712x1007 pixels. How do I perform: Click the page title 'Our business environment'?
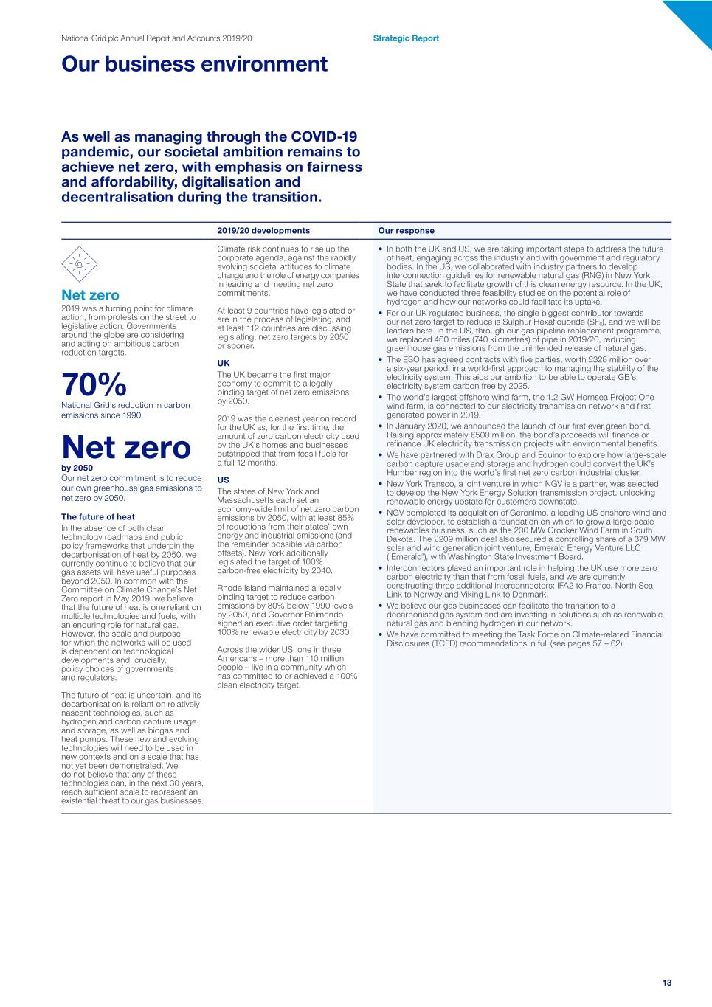[x=194, y=64]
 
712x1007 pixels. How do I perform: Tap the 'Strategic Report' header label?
[x=406, y=38]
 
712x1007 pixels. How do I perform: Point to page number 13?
[x=667, y=983]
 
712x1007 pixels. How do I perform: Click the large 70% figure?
[x=94, y=384]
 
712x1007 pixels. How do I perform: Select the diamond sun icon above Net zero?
[x=79, y=263]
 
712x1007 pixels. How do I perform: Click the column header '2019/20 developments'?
[x=263, y=231]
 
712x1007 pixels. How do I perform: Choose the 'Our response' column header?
[x=406, y=231]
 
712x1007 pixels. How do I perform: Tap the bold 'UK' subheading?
[x=224, y=363]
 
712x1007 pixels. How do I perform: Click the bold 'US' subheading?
[x=223, y=480]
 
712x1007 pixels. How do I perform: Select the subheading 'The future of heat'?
[x=98, y=517]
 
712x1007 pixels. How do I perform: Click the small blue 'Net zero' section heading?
[x=90, y=295]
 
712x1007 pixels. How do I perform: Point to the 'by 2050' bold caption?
[x=77, y=468]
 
